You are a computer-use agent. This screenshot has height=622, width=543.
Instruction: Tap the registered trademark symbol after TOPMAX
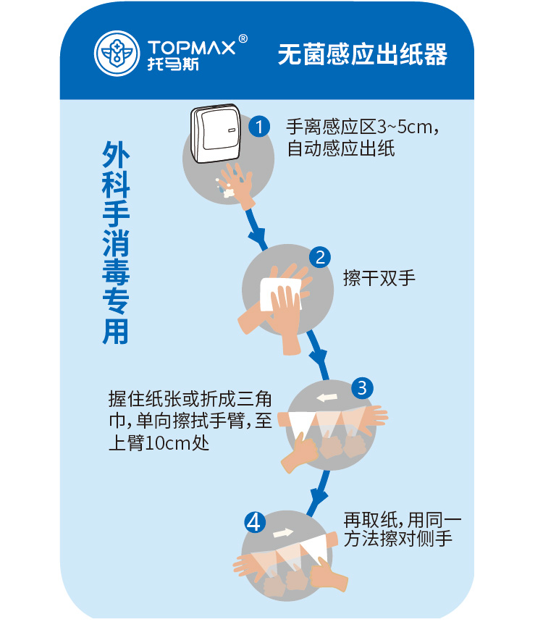tap(243, 38)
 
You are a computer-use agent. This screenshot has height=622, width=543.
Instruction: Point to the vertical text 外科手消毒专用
tap(117, 242)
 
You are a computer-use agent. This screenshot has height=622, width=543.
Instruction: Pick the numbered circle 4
tap(255, 521)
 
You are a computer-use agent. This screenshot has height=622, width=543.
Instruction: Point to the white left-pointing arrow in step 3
tap(327, 397)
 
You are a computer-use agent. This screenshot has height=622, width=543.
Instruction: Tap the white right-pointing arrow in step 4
tap(284, 532)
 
